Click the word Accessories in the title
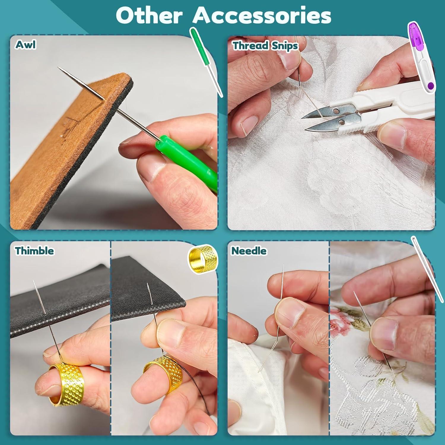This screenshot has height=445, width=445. point(262,15)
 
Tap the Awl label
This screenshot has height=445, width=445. point(26,44)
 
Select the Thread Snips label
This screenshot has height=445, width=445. point(265,46)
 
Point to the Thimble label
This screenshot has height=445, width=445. point(34,251)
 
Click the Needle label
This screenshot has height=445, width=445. point(249,251)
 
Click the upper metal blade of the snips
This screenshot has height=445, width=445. point(322,113)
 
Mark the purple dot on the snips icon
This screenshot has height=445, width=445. point(431,86)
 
